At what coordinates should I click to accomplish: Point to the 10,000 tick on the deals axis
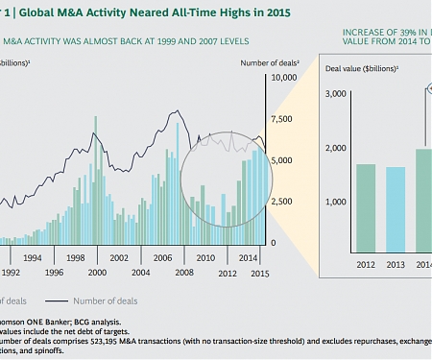pos(284,77)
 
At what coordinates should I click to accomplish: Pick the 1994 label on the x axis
pos(33,258)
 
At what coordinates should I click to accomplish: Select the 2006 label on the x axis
pos(160,258)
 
